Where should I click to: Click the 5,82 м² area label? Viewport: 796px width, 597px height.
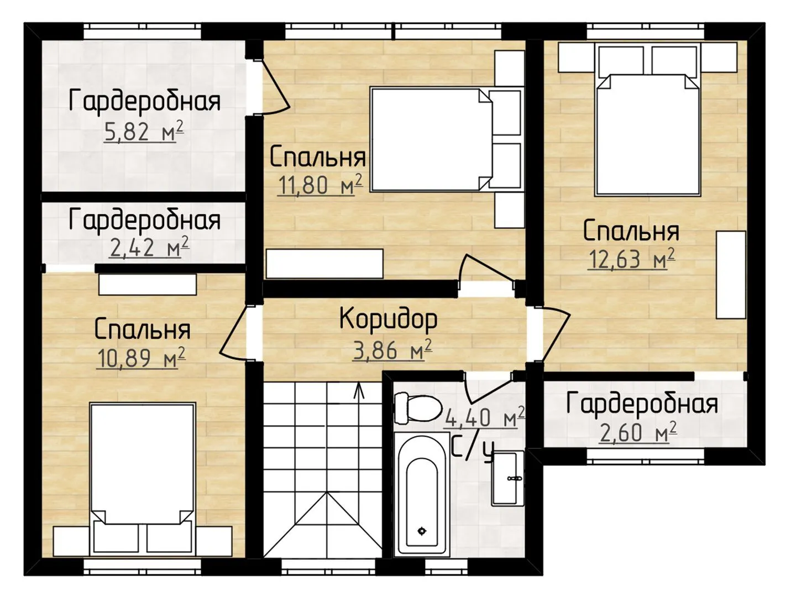point(144,132)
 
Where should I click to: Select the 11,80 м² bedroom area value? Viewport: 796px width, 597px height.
point(321,184)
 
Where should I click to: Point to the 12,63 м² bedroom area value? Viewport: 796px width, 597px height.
point(631,259)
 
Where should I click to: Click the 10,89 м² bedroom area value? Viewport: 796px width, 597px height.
point(142,358)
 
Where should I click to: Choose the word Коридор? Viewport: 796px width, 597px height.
point(389,319)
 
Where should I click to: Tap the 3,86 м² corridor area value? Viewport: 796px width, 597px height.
point(392,350)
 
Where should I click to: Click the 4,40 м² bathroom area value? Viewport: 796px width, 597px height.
point(484,417)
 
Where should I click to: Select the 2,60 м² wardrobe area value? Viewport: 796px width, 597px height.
point(638,432)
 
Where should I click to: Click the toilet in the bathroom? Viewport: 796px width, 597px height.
point(418,408)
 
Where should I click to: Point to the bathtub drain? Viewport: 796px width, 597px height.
point(422,531)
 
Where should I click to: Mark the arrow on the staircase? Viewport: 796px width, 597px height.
point(359,390)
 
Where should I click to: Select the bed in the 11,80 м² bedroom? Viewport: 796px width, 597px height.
point(446,139)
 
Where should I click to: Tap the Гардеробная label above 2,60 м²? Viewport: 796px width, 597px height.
point(642,403)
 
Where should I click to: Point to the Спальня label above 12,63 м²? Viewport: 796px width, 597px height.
point(631,232)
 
